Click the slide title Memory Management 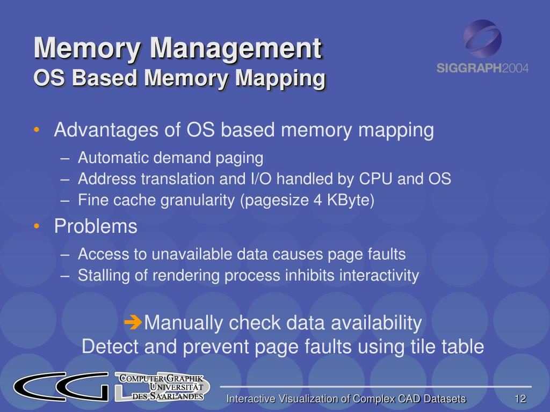(x=178, y=49)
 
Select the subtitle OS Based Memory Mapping (x=179, y=78)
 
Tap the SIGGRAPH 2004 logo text (x=482, y=68)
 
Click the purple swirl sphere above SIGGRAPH (x=482, y=38)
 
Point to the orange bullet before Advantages (x=36, y=130)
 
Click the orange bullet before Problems (x=36, y=227)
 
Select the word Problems (x=96, y=227)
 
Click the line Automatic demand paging (x=170, y=158)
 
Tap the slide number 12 (x=519, y=399)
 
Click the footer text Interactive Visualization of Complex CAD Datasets (x=346, y=399)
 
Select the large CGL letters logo (x=62, y=386)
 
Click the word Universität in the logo (x=176, y=387)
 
